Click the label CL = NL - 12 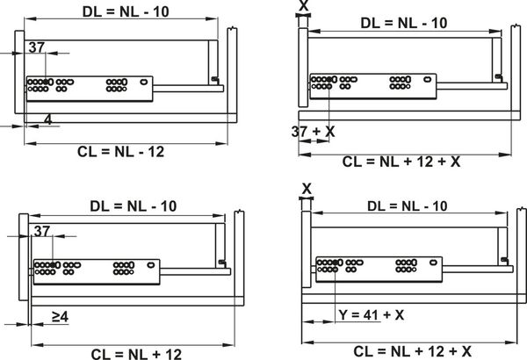[121, 152]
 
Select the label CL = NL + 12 [136, 354]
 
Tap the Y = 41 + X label [372, 315]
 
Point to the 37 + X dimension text [314, 132]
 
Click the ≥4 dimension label [60, 316]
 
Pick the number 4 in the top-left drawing [48, 119]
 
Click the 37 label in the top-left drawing [37, 47]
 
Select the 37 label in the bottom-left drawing [42, 231]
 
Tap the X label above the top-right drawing [304, 6]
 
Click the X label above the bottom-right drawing [307, 189]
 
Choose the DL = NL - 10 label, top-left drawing [126, 11]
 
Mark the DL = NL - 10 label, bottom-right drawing [408, 206]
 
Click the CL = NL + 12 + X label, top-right [401, 162]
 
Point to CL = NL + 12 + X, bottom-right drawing [413, 351]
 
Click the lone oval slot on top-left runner [144, 82]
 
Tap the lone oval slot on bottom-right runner [434, 263]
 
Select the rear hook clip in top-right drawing [498, 77]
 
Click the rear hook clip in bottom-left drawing [222, 263]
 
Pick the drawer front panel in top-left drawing [19, 72]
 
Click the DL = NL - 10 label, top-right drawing [404, 23]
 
